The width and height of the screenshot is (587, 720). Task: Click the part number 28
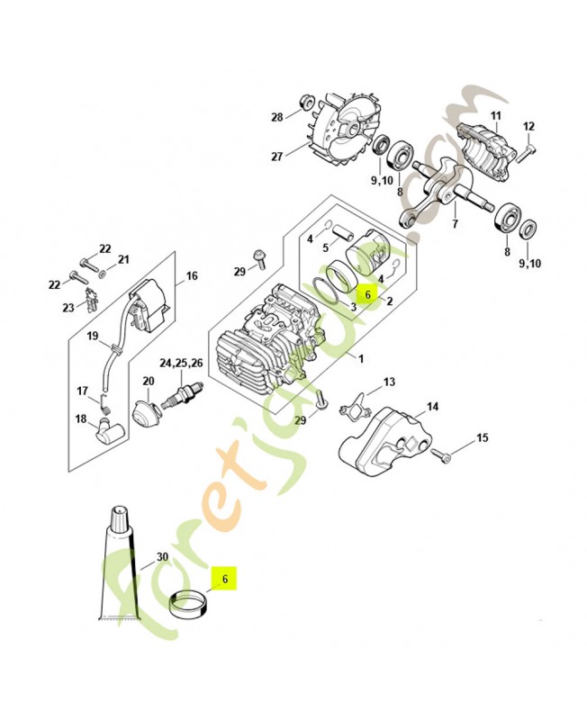click(277, 117)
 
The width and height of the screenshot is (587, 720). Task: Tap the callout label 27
click(277, 156)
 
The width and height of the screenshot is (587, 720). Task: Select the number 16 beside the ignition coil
click(191, 276)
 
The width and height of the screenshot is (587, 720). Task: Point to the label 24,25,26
click(181, 363)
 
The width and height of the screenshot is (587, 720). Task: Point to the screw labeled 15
click(440, 453)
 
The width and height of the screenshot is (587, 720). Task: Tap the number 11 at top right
click(494, 116)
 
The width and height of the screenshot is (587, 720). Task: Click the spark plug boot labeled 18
click(111, 431)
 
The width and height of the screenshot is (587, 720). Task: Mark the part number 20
click(149, 381)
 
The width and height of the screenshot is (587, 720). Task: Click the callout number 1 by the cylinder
click(361, 360)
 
